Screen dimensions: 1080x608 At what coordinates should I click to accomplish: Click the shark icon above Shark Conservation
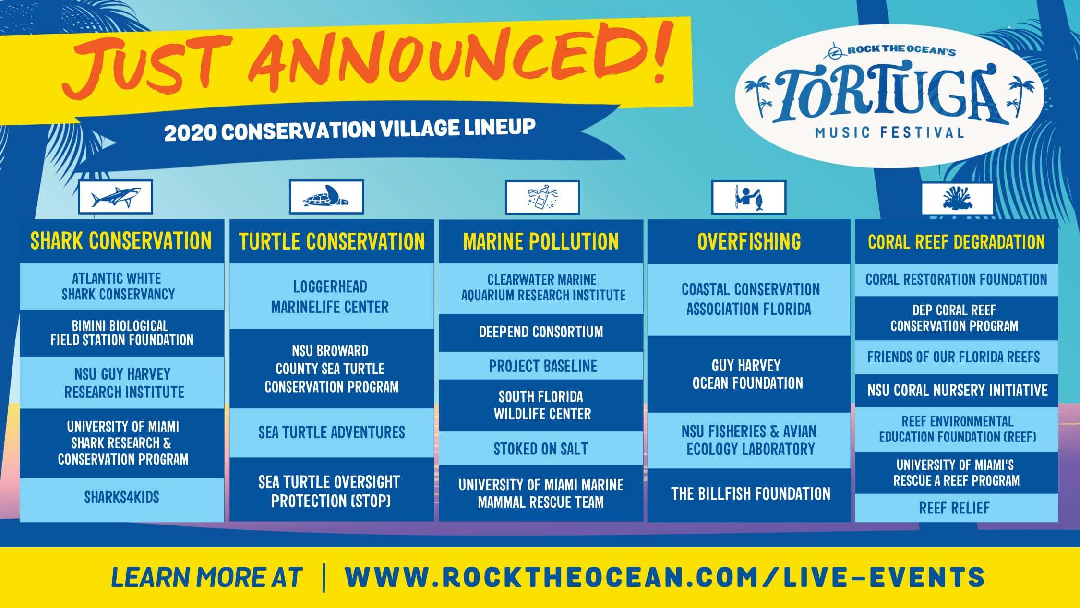(115, 197)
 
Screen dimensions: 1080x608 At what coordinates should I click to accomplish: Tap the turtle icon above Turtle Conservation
(326, 197)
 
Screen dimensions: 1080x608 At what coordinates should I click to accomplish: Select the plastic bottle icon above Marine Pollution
(542, 197)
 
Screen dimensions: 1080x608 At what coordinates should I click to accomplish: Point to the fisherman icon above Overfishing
(749, 197)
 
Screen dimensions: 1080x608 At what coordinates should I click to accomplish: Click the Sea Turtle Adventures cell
(332, 432)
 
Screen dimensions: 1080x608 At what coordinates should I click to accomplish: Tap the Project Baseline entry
(541, 366)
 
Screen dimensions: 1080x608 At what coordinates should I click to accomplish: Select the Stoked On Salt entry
(541, 448)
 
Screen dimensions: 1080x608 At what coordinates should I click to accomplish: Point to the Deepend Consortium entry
(541, 333)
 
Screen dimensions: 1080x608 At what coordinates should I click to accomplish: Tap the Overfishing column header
(749, 241)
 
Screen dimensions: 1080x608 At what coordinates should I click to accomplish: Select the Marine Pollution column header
(541, 241)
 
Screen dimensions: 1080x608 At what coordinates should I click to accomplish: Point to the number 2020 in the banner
(190, 133)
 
